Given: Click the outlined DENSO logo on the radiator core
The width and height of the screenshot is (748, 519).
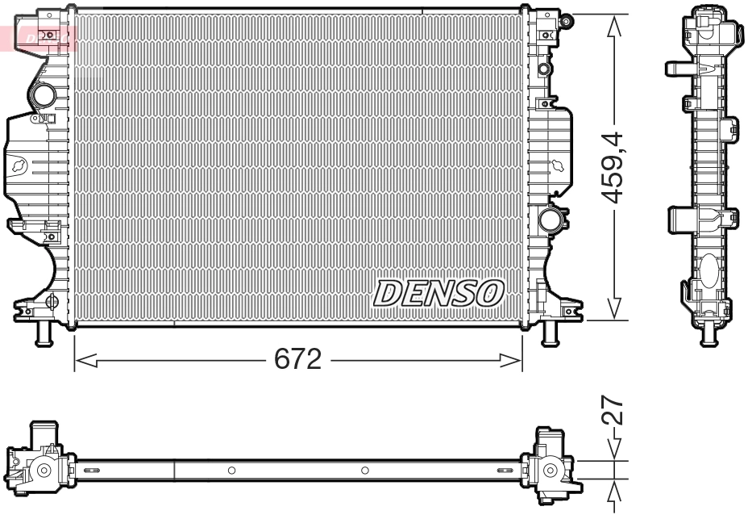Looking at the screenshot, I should tap(438, 293).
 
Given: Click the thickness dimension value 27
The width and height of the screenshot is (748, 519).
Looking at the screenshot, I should tap(614, 411).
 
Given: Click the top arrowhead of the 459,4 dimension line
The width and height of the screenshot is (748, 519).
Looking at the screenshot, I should tap(615, 25).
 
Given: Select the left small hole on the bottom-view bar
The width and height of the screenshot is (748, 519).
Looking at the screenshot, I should tap(231, 470).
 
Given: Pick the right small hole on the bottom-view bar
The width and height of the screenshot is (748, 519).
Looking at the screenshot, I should tap(364, 470).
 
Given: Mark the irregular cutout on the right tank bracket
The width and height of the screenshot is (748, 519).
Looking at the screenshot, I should tap(558, 165).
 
